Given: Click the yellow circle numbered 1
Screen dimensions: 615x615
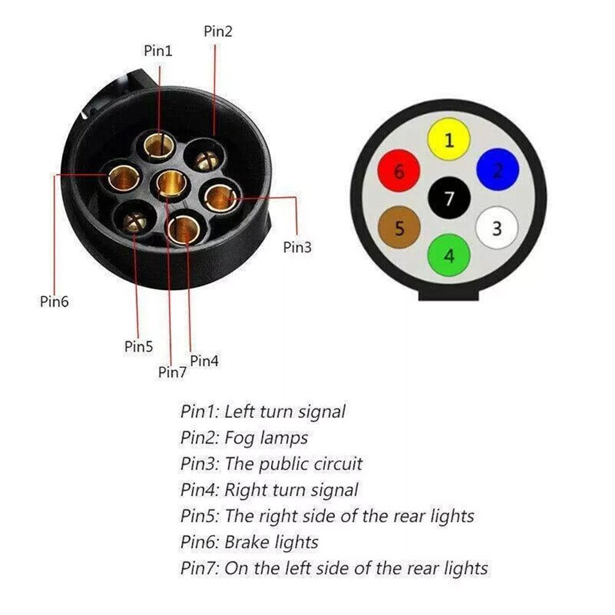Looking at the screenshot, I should click(x=449, y=139).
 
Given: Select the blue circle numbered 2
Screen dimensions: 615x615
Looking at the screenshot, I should click(x=498, y=170).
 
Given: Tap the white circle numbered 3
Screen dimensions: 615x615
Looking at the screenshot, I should click(x=497, y=229).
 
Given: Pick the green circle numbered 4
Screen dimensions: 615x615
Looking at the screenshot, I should click(x=449, y=254).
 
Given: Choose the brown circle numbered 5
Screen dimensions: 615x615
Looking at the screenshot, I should click(x=399, y=229).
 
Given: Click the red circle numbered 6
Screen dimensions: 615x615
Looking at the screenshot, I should click(x=399, y=171).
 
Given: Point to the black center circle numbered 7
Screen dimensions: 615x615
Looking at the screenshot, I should click(x=449, y=198).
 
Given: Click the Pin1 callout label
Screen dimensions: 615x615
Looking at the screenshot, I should click(x=158, y=51).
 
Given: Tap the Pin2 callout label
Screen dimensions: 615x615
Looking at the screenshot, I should click(x=218, y=31).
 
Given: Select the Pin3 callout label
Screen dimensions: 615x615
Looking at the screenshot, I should click(x=297, y=248).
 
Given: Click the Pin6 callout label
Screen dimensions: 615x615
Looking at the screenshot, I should click(x=55, y=302).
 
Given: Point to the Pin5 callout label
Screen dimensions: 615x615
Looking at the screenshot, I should click(x=138, y=347).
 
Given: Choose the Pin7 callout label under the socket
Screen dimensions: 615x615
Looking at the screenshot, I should click(x=172, y=372).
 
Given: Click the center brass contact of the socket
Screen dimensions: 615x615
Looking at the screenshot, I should click(x=171, y=183).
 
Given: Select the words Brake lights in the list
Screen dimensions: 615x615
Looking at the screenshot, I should click(x=271, y=543).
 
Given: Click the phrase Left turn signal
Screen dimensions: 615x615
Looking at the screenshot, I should click(x=284, y=412).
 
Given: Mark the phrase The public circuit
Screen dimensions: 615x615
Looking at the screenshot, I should click(x=293, y=464).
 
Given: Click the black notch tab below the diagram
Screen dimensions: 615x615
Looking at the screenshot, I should click(x=449, y=295).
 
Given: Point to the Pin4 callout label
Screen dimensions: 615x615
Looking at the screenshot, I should click(x=204, y=361).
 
